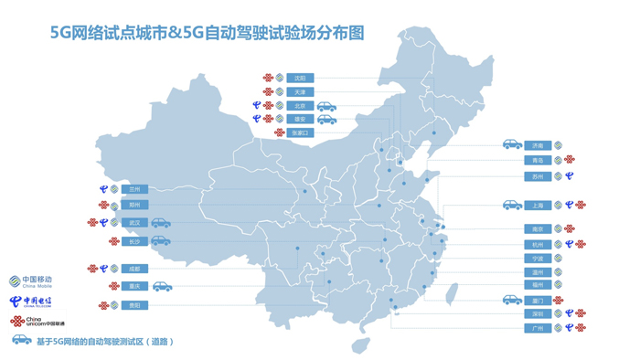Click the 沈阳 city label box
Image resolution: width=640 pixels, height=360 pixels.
point(300,79)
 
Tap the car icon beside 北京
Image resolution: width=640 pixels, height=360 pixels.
point(326,106)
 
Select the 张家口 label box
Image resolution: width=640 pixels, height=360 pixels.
point(300,132)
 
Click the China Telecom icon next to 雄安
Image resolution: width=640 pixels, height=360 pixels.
point(257,120)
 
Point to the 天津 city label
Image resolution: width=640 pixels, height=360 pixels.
point(300,92)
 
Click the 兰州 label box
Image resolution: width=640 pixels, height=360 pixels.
point(135,189)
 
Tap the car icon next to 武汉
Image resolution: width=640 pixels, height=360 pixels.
point(161,223)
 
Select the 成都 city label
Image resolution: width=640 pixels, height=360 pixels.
point(135,269)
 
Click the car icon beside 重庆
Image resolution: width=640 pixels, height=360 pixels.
point(162,287)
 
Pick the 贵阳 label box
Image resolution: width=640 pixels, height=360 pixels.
point(135,305)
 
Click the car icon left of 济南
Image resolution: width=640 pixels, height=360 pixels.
point(512,145)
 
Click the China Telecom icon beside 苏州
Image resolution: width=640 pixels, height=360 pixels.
point(569,176)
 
